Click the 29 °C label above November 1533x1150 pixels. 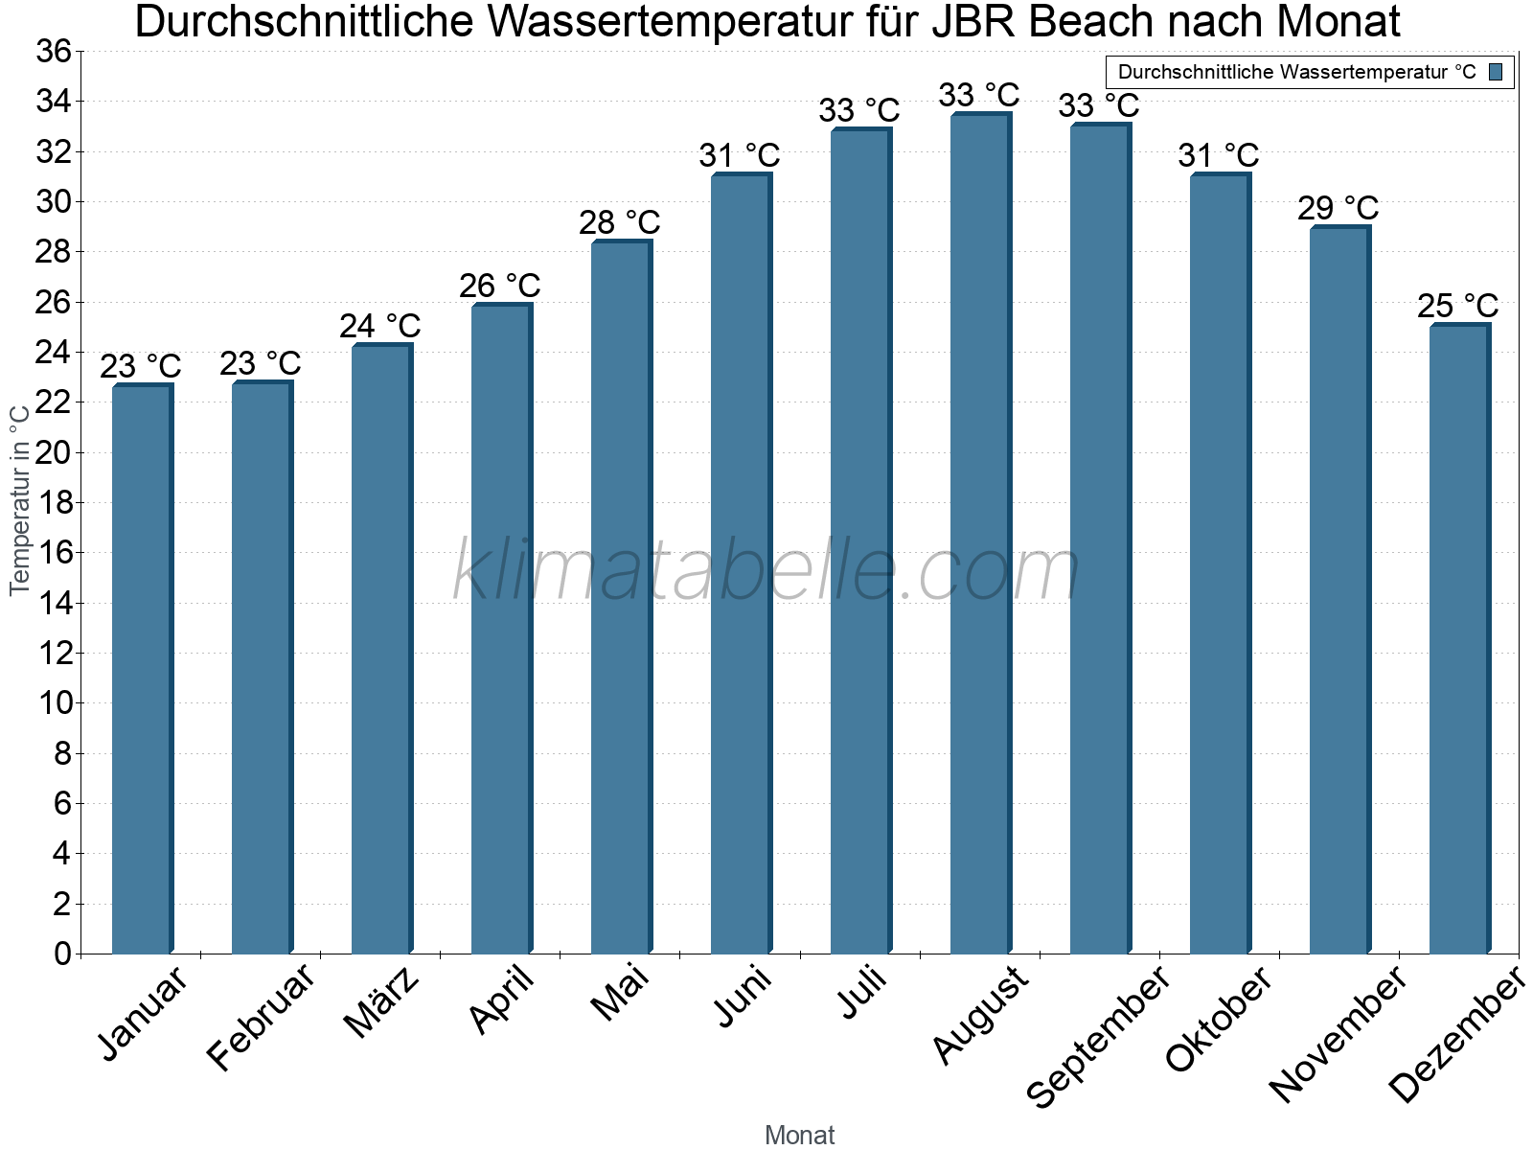coord(1338,208)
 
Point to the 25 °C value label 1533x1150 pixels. coord(1457,306)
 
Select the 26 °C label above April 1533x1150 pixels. coord(499,286)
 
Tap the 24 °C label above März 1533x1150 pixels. coord(379,326)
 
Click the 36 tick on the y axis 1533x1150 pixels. coord(54,51)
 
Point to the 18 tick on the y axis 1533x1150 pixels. coord(54,502)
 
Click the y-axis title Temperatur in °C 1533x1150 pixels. coord(20,498)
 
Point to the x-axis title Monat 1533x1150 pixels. coord(800,1135)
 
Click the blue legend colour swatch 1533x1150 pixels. coord(1496,72)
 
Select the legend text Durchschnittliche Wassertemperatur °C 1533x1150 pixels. coord(1296,72)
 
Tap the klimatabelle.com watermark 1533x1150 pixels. coord(766,571)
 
